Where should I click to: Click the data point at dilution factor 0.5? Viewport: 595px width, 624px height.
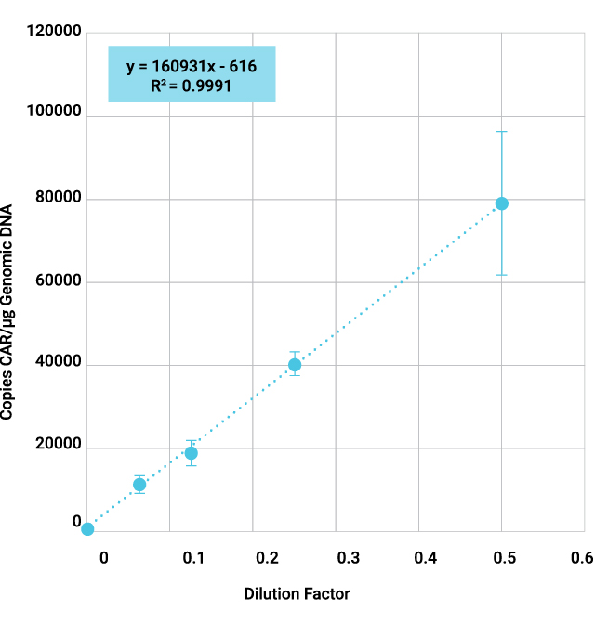[x=501, y=203]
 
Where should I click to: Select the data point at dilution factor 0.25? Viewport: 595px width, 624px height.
[x=295, y=365]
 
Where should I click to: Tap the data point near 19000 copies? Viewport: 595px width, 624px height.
[x=191, y=453]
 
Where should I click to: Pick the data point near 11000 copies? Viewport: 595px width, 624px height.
[x=139, y=485]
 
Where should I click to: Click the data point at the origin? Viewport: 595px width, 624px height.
[x=87, y=529]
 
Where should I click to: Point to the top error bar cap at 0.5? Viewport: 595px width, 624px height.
[x=501, y=132]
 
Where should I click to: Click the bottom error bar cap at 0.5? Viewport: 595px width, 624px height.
[x=501, y=275]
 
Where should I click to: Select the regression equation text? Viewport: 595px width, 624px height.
[x=192, y=67]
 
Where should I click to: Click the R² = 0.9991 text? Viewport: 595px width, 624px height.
[x=191, y=86]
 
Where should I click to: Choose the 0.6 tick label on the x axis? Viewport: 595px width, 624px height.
[x=582, y=557]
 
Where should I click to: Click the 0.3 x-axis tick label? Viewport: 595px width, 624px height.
[x=349, y=557]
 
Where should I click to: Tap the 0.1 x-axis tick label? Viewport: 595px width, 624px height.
[x=192, y=557]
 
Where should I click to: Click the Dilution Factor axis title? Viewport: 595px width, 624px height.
[x=297, y=593]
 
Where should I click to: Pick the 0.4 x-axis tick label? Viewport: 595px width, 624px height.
[x=427, y=557]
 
